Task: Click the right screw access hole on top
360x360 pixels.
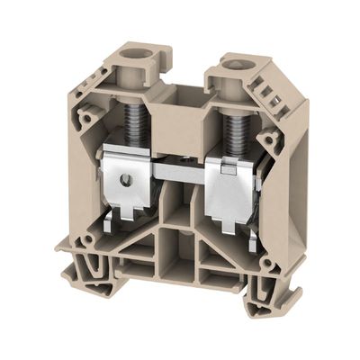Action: click(240, 65)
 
